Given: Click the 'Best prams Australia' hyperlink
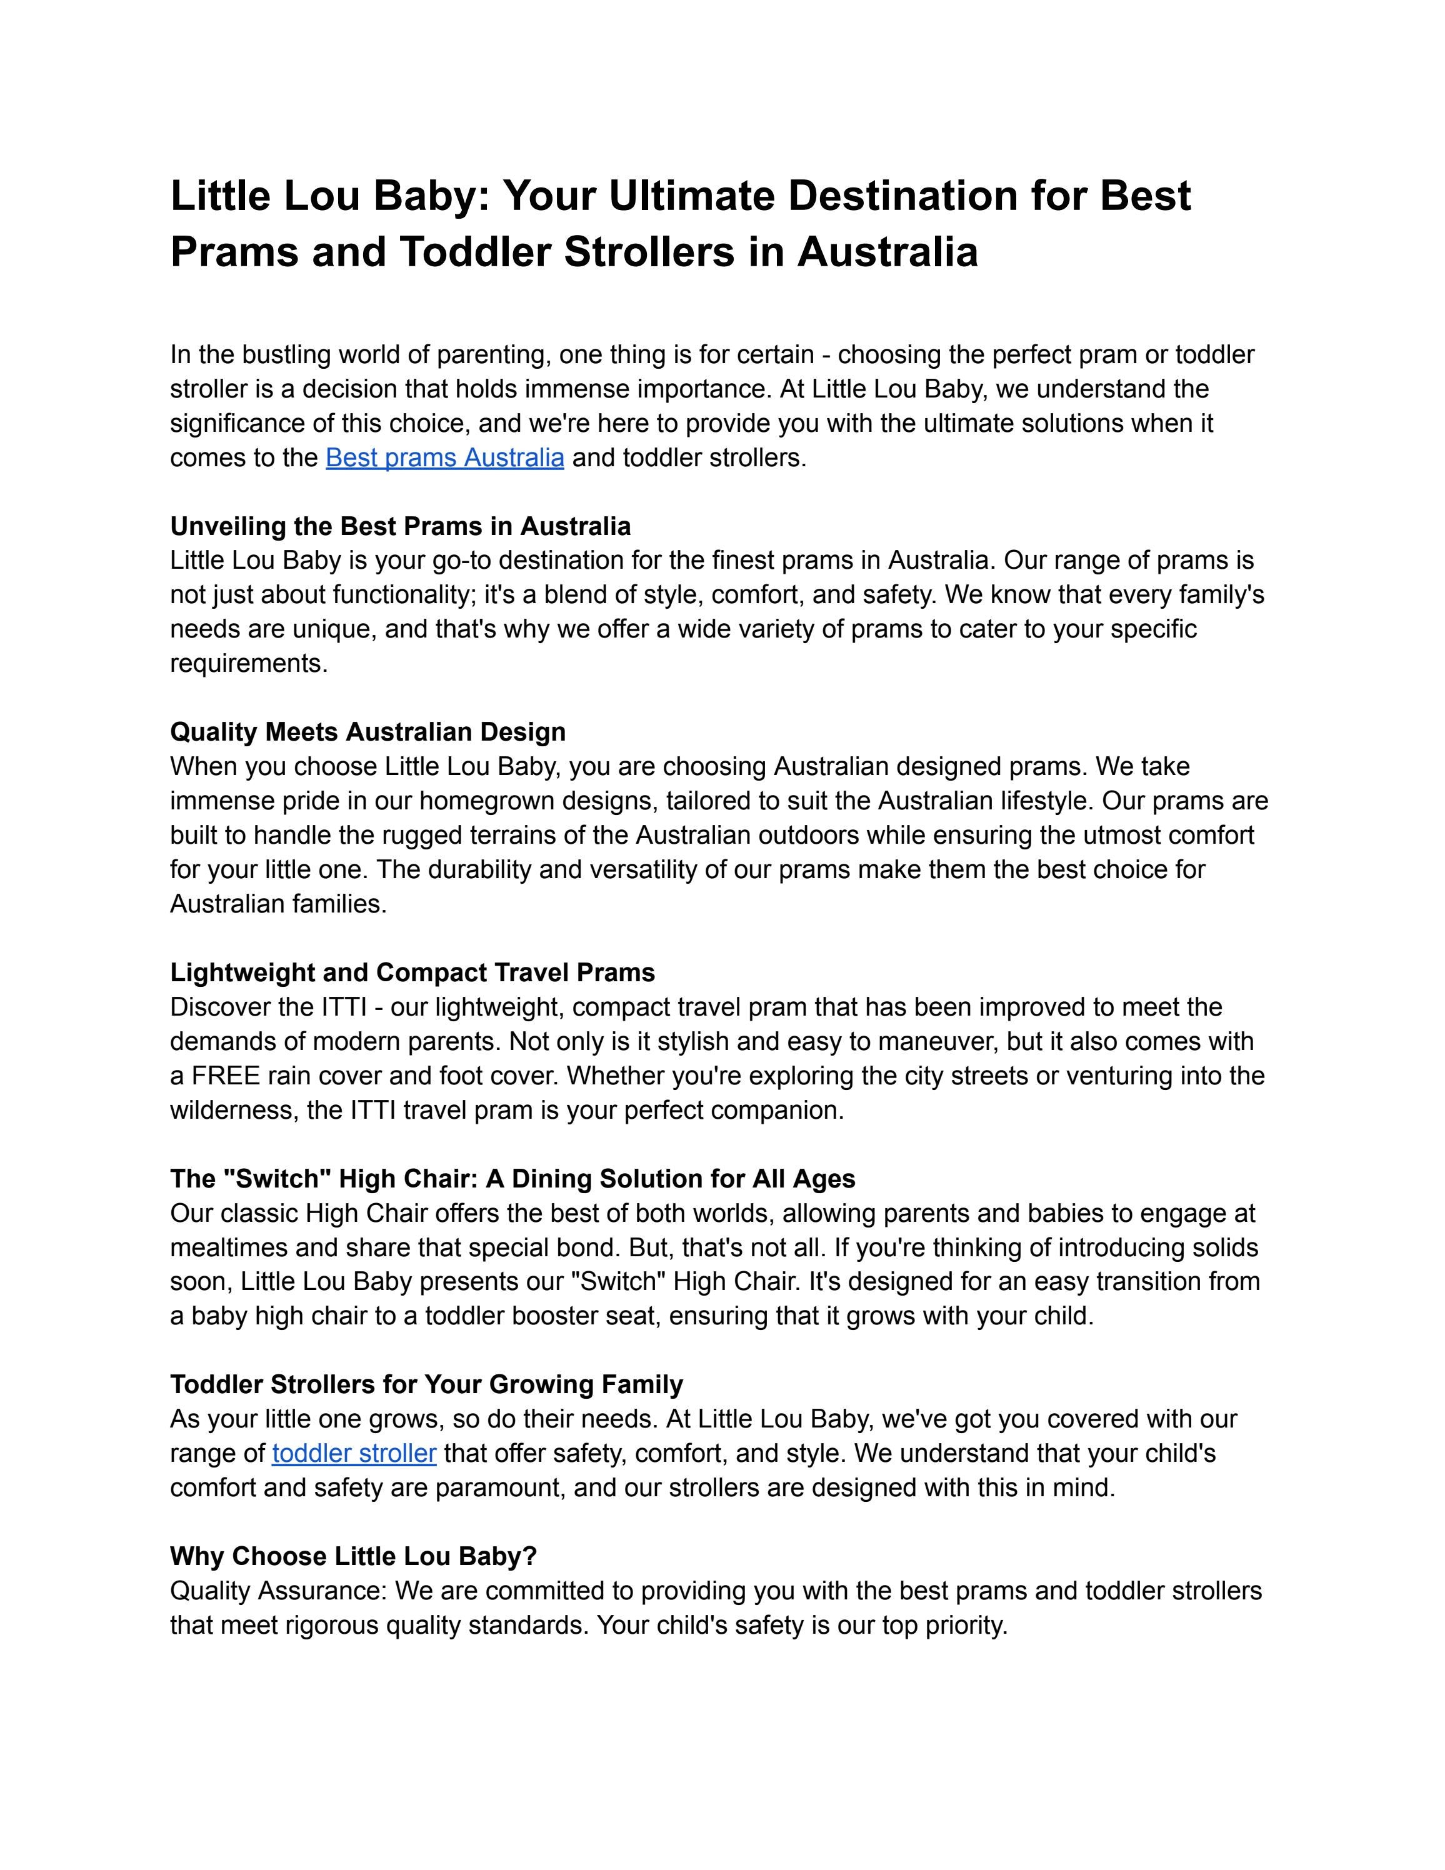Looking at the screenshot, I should coord(444,458).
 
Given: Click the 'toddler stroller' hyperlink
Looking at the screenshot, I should coord(354,1453).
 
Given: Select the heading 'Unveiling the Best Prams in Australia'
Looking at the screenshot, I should coord(400,526).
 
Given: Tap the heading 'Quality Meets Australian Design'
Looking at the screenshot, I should coord(367,732).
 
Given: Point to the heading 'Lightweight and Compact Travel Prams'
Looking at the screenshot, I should coord(412,972).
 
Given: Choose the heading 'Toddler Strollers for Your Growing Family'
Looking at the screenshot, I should coord(426,1384).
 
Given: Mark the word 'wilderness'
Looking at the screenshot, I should coord(234,1111).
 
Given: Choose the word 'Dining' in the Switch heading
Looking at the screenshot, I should coord(551,1179).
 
